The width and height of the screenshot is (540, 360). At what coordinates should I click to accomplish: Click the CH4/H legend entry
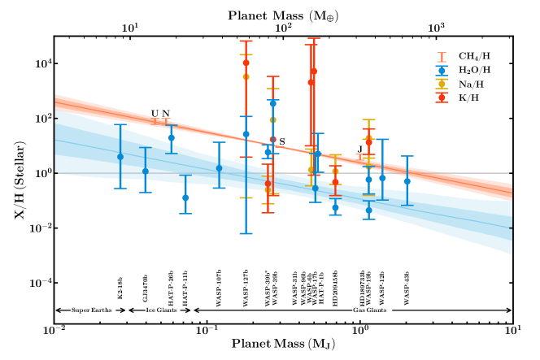(474, 56)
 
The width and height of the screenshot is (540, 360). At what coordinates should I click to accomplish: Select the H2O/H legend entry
(474, 70)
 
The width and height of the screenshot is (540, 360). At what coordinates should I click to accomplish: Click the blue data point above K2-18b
(120, 157)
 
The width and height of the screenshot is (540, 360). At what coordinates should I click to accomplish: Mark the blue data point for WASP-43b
(407, 181)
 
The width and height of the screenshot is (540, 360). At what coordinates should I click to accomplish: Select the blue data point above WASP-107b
(219, 168)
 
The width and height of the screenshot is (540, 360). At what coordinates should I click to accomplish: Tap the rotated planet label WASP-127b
(246, 287)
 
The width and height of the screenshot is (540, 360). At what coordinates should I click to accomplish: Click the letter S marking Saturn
(282, 142)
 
